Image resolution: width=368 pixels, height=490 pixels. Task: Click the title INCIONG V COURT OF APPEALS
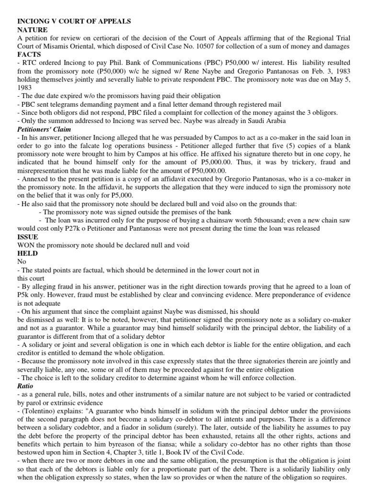point(74,22)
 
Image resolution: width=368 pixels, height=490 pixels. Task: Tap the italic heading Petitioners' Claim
point(44,129)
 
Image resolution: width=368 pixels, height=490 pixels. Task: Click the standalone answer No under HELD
point(23,262)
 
